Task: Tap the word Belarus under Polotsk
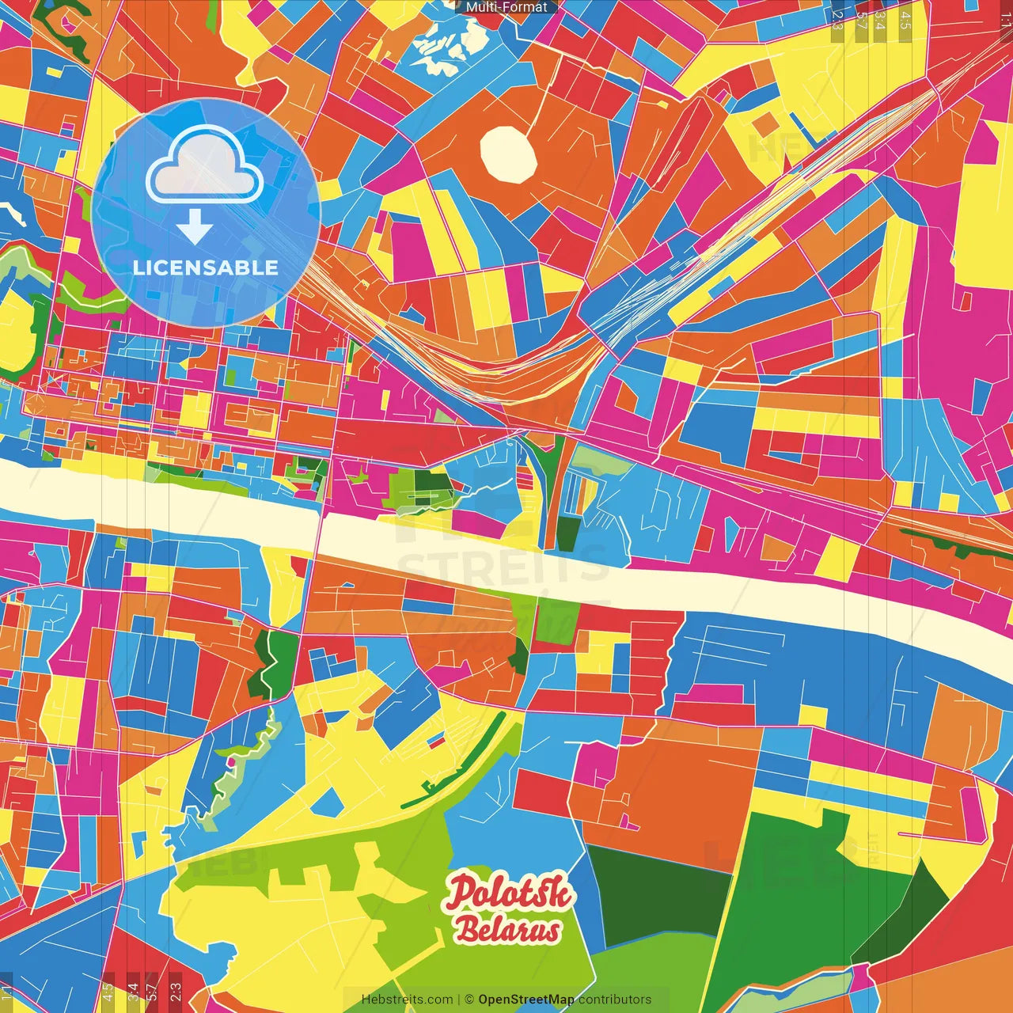[507, 930]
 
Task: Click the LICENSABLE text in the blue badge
[206, 267]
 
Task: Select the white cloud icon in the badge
[204, 165]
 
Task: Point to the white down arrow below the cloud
[195, 227]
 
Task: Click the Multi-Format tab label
[506, 7]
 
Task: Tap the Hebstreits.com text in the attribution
[407, 1000]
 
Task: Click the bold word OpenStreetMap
[526, 1000]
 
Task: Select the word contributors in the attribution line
[615, 1000]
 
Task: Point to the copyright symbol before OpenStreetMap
[469, 1000]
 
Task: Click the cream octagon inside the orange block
[509, 154]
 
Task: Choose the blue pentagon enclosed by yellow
[326, 802]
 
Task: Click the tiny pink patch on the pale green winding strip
[233, 761]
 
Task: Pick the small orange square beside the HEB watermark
[764, 125]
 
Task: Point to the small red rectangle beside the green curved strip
[436, 742]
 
